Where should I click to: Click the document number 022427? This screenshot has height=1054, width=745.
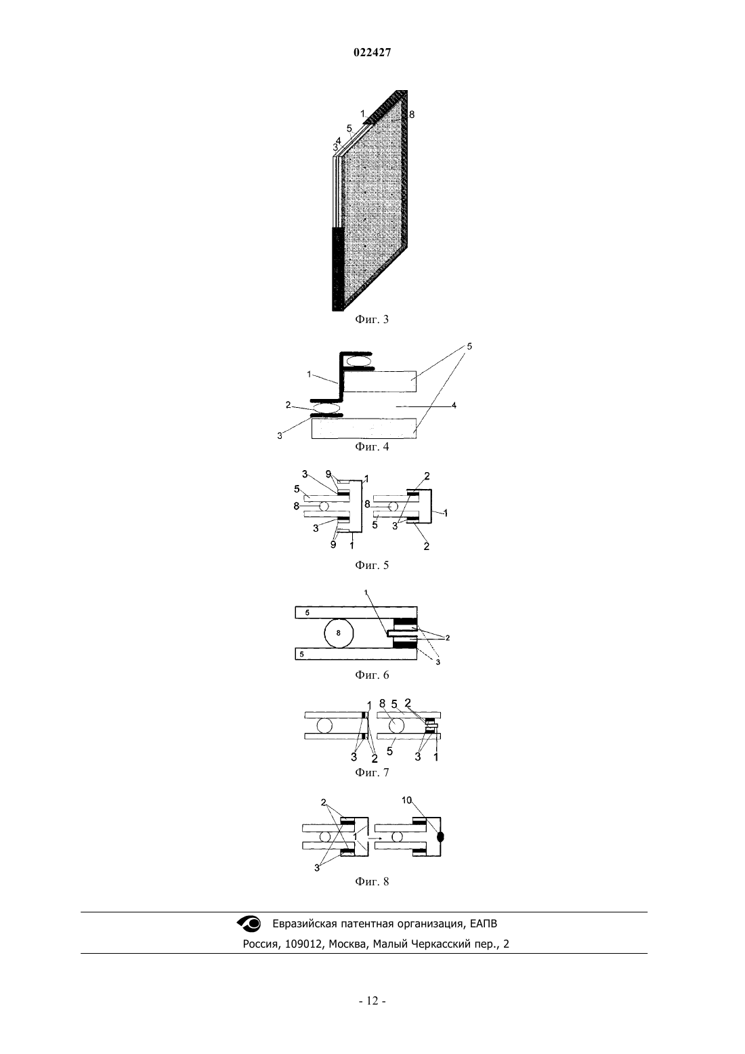point(372,53)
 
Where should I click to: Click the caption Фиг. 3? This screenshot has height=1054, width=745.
point(372,320)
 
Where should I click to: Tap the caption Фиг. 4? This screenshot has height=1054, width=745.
point(372,446)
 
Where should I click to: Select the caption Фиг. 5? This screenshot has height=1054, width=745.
point(372,565)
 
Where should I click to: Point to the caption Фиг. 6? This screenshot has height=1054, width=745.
point(372,675)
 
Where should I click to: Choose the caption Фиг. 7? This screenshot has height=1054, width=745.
point(372,772)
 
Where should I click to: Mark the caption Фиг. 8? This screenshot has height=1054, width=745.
point(372,881)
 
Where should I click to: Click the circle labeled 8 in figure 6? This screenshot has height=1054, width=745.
point(339,633)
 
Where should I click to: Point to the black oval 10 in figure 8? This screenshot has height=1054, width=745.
point(441,837)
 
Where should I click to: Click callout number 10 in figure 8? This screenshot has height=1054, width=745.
point(407,800)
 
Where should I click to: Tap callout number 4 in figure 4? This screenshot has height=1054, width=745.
point(454,405)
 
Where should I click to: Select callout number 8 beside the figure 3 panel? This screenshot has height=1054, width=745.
point(412,114)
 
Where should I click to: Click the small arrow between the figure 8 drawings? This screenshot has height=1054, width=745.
point(375,839)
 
